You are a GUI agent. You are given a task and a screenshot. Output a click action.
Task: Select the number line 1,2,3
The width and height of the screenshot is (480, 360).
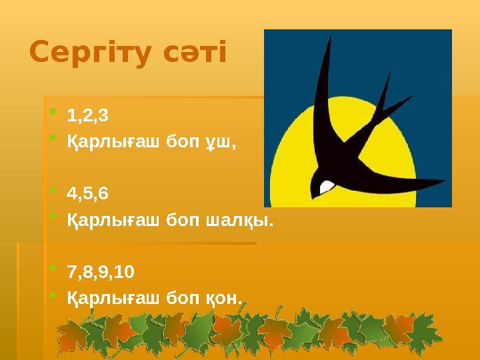(87, 116)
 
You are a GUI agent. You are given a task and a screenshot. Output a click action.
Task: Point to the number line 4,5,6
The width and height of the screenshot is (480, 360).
(87, 194)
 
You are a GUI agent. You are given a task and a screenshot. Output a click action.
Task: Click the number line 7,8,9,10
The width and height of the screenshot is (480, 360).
(101, 272)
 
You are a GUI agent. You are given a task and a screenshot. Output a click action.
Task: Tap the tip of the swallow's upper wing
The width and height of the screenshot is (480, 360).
(329, 37)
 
